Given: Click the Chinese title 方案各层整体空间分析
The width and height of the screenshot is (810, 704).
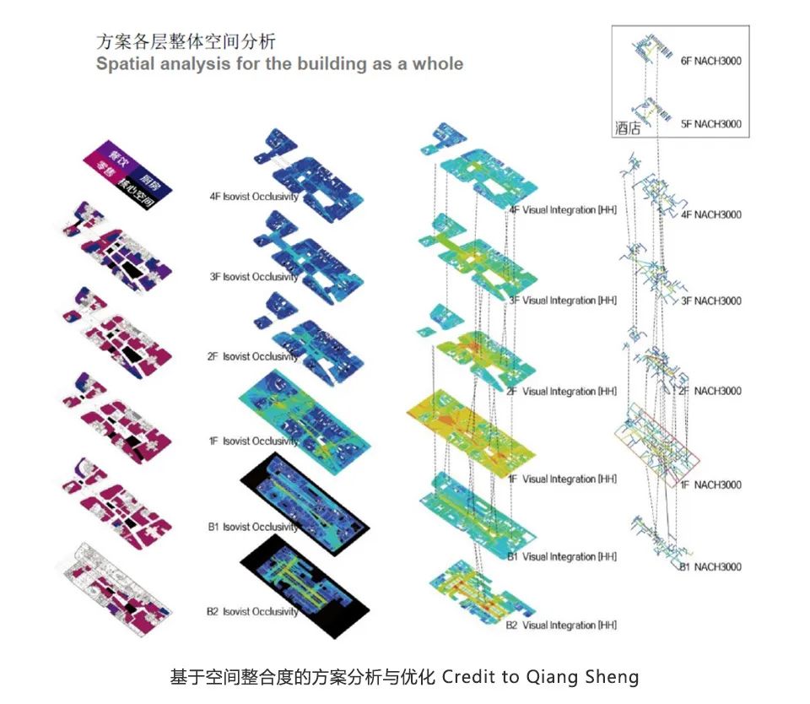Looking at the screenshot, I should (x=186, y=41).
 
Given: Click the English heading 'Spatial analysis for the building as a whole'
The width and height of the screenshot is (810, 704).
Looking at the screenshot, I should (x=279, y=63).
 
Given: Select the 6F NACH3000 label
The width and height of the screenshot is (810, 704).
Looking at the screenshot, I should (x=710, y=61).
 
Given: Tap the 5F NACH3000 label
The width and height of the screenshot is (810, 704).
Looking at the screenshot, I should (x=710, y=124).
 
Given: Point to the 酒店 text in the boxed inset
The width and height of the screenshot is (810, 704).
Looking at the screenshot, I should (x=628, y=128).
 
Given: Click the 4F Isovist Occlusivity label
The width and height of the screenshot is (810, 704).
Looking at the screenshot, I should (x=254, y=197).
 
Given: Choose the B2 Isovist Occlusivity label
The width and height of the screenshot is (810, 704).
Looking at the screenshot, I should (x=252, y=610).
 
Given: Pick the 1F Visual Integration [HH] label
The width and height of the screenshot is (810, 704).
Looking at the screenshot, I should (x=563, y=479).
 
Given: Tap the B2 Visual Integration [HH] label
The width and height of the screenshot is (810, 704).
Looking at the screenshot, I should (x=561, y=625).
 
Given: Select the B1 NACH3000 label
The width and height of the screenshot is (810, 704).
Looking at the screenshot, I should (x=710, y=566).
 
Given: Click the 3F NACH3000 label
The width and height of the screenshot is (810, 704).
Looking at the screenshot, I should (x=710, y=301).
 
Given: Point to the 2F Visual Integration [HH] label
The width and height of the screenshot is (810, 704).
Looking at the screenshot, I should (x=561, y=391).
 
